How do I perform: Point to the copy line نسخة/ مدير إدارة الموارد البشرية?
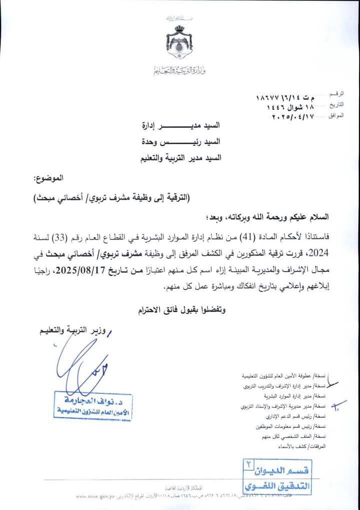pos(306,396)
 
